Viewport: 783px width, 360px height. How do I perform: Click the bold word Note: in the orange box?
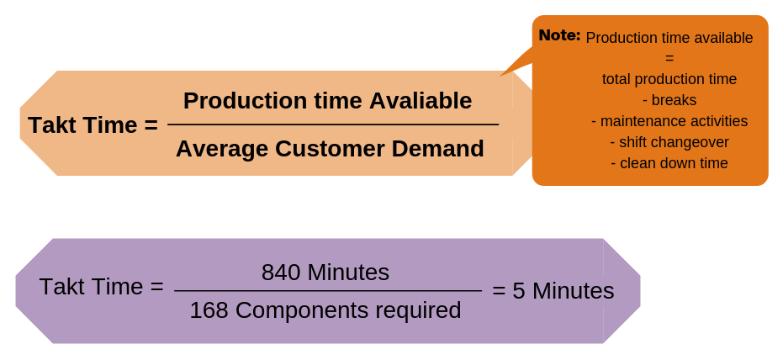[559, 35]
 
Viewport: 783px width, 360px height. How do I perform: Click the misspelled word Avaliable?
[421, 101]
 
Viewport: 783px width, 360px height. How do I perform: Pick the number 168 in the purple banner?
[209, 310]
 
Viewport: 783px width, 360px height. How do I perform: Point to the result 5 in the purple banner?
[519, 291]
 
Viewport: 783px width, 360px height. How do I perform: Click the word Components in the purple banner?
[302, 310]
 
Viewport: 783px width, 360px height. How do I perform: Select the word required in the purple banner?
[418, 310]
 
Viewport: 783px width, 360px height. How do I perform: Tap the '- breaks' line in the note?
[669, 100]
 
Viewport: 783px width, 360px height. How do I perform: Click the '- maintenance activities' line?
[669, 121]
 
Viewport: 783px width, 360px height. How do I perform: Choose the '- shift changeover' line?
[669, 142]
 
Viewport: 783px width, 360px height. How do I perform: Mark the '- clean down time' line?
[669, 163]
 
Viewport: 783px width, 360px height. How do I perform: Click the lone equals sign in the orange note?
[669, 58]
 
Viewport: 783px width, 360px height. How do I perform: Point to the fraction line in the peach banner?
[332, 124]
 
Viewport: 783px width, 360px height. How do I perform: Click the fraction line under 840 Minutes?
[327, 291]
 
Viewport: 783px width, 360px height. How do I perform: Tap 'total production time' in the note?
[669, 79]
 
